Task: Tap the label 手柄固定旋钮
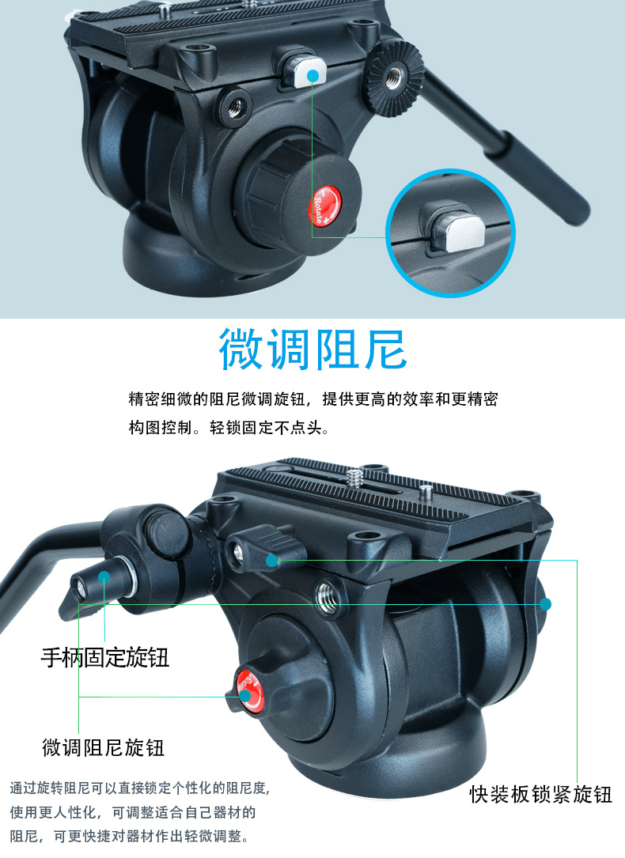[x=105, y=657]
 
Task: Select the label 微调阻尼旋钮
[x=104, y=747]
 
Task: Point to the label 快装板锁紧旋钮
[x=540, y=795]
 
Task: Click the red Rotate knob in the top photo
[x=326, y=205]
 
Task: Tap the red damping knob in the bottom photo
[x=249, y=690]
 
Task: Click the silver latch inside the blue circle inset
[x=457, y=233]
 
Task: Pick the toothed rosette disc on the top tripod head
[x=393, y=79]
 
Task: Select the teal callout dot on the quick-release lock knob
[x=271, y=561]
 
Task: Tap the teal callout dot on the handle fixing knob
[x=104, y=576]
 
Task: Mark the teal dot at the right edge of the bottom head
[x=545, y=604]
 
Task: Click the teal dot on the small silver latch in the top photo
[x=312, y=75]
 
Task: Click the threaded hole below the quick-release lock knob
[x=328, y=595]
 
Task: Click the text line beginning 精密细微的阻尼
[x=313, y=399]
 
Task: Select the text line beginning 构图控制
[x=229, y=427]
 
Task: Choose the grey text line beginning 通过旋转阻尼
[x=140, y=788]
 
